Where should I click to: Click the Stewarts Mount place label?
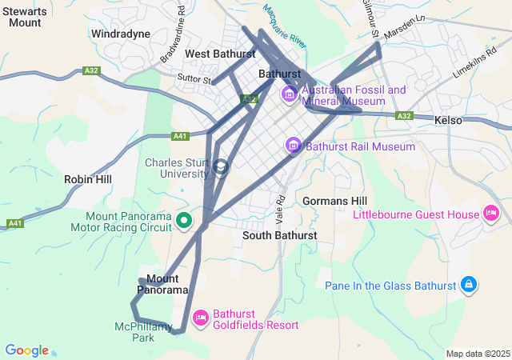coord(25,16)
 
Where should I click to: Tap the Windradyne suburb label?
coord(121,34)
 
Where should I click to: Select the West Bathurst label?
coord(219,54)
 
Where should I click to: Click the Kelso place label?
coord(448,120)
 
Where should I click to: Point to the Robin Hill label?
coord(88,180)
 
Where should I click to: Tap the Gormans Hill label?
coord(335,200)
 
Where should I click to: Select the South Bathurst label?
coord(279,236)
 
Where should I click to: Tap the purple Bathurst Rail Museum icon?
coord(294,146)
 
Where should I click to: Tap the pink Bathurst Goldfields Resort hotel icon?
coord(200,318)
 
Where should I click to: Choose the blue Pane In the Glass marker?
coord(469,285)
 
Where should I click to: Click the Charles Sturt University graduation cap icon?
coord(222,166)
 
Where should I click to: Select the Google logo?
coord(26,350)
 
